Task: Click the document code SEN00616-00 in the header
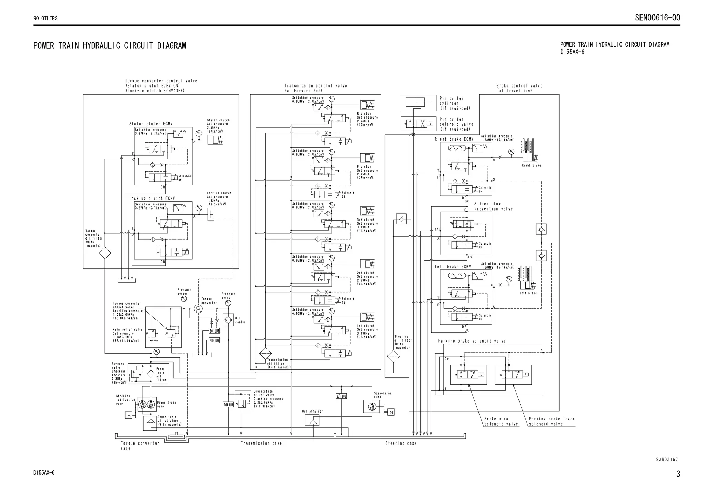pyautogui.click(x=657, y=18)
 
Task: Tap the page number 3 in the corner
pyautogui.click(x=678, y=474)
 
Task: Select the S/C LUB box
pyautogui.click(x=214, y=331)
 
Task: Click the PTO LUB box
pyautogui.click(x=214, y=340)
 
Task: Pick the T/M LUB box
pyautogui.click(x=228, y=405)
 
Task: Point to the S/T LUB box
pyautogui.click(x=341, y=396)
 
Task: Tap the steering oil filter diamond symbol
pyautogui.click(x=393, y=356)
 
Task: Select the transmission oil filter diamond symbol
pyautogui.click(x=265, y=353)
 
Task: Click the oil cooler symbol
pyautogui.click(x=228, y=320)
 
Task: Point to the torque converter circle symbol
pyautogui.click(x=198, y=309)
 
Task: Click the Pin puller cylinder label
pyautogui.click(x=454, y=103)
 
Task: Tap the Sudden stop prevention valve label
pyautogui.click(x=493, y=206)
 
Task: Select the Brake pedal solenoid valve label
pyautogui.click(x=501, y=421)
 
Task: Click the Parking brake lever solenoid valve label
pyautogui.click(x=552, y=421)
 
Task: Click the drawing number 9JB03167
pyautogui.click(x=667, y=459)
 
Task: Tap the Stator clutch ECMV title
pyautogui.click(x=151, y=124)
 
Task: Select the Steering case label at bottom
pyautogui.click(x=401, y=444)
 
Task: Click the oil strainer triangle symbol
pyautogui.click(x=312, y=420)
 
